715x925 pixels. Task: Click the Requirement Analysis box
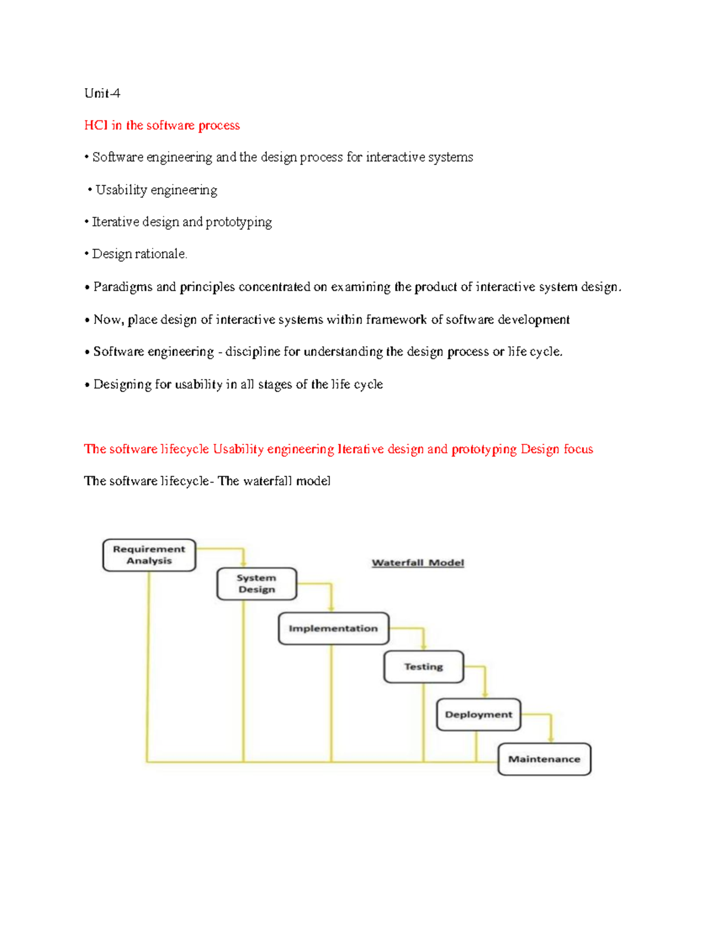click(149, 555)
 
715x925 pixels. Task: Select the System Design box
click(257, 584)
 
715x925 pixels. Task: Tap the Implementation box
click(333, 628)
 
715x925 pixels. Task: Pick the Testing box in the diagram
click(424, 667)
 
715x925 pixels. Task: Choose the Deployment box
click(478, 714)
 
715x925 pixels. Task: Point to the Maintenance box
click(544, 759)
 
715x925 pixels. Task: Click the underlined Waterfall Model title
click(418, 563)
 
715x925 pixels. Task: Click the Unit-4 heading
click(102, 93)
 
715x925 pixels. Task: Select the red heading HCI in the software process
click(162, 125)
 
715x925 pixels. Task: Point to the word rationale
click(161, 254)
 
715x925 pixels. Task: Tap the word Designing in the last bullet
click(123, 385)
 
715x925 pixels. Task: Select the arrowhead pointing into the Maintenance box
click(551, 739)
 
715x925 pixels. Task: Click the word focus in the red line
click(578, 449)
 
